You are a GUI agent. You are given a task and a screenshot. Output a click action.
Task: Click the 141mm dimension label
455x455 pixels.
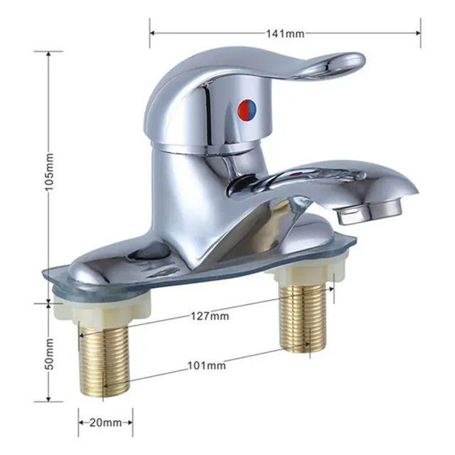pyautogui.click(x=286, y=34)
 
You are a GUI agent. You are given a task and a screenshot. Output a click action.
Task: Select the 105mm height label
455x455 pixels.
pyautogui.click(x=50, y=171)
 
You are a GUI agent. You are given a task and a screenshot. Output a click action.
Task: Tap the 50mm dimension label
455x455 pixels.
pyautogui.click(x=50, y=354)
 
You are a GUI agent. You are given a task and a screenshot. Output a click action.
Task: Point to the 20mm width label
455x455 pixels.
pyautogui.click(x=106, y=422)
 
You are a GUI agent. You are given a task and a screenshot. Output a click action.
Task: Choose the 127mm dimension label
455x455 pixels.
pyautogui.click(x=210, y=316)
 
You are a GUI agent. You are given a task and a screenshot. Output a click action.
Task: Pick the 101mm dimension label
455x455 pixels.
pyautogui.click(x=207, y=365)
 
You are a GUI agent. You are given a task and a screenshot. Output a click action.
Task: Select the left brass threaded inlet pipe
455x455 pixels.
pyautogui.click(x=103, y=359)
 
